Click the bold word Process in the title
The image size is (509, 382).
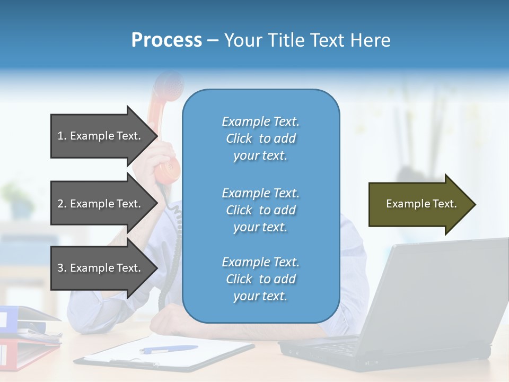[x=166, y=40]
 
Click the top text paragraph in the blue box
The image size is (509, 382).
[x=260, y=138]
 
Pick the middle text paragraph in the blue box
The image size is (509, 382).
[x=260, y=210]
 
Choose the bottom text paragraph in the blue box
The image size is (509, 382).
[x=260, y=279]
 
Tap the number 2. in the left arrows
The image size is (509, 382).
[x=62, y=204]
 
